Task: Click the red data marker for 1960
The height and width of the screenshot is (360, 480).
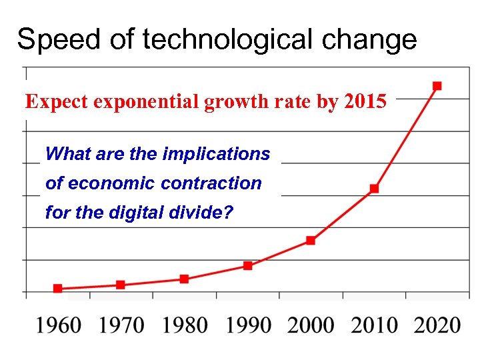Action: [x=58, y=289]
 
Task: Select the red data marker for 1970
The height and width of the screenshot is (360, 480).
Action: [x=121, y=285]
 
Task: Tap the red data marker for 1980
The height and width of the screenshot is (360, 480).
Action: [x=184, y=279]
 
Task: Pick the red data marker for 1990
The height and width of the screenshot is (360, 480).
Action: [x=248, y=265]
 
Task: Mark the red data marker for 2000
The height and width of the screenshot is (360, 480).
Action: [x=311, y=240]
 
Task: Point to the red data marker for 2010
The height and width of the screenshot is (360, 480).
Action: [x=374, y=189]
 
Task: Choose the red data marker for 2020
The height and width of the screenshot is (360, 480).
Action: [x=437, y=85]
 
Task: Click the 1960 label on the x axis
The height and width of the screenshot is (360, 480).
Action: [x=59, y=325]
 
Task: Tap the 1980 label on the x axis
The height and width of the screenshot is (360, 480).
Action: [x=185, y=325]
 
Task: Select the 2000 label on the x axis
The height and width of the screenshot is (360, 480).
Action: [x=311, y=325]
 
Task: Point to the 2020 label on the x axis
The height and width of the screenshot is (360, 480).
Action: [x=437, y=325]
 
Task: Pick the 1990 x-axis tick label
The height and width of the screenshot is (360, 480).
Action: [x=248, y=325]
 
